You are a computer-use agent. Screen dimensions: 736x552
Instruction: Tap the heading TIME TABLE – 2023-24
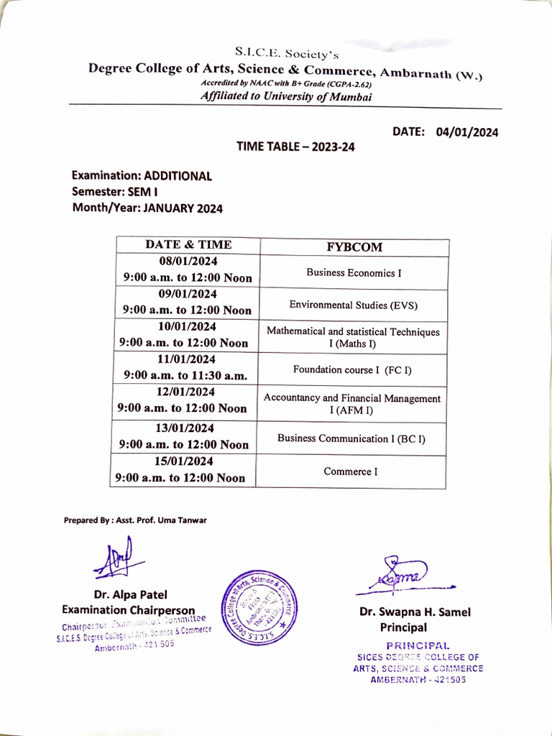pos(295,147)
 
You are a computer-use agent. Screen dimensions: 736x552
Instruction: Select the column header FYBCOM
pos(354,247)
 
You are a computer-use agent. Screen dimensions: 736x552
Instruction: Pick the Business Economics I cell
pos(354,273)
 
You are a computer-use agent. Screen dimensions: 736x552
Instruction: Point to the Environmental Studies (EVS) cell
pos(354,305)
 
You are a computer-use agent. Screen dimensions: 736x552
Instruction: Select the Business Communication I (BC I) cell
pos(351,438)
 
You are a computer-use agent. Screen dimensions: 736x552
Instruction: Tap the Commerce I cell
pos(351,472)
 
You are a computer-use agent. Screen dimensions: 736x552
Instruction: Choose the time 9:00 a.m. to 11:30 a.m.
pos(185,375)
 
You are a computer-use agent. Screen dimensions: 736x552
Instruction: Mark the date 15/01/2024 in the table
pos(185,461)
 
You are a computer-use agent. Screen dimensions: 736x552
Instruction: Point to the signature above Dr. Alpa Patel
pos(114,558)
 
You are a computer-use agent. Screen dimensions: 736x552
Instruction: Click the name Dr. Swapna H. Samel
pos(415,612)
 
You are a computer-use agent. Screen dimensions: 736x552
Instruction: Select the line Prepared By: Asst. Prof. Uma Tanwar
pos(134,520)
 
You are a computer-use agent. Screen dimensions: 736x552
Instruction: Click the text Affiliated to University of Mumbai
pos(286,98)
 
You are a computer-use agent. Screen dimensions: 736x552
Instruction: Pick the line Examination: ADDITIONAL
pos(142,176)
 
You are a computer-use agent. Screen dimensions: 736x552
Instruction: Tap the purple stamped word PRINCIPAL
pos(418,645)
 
